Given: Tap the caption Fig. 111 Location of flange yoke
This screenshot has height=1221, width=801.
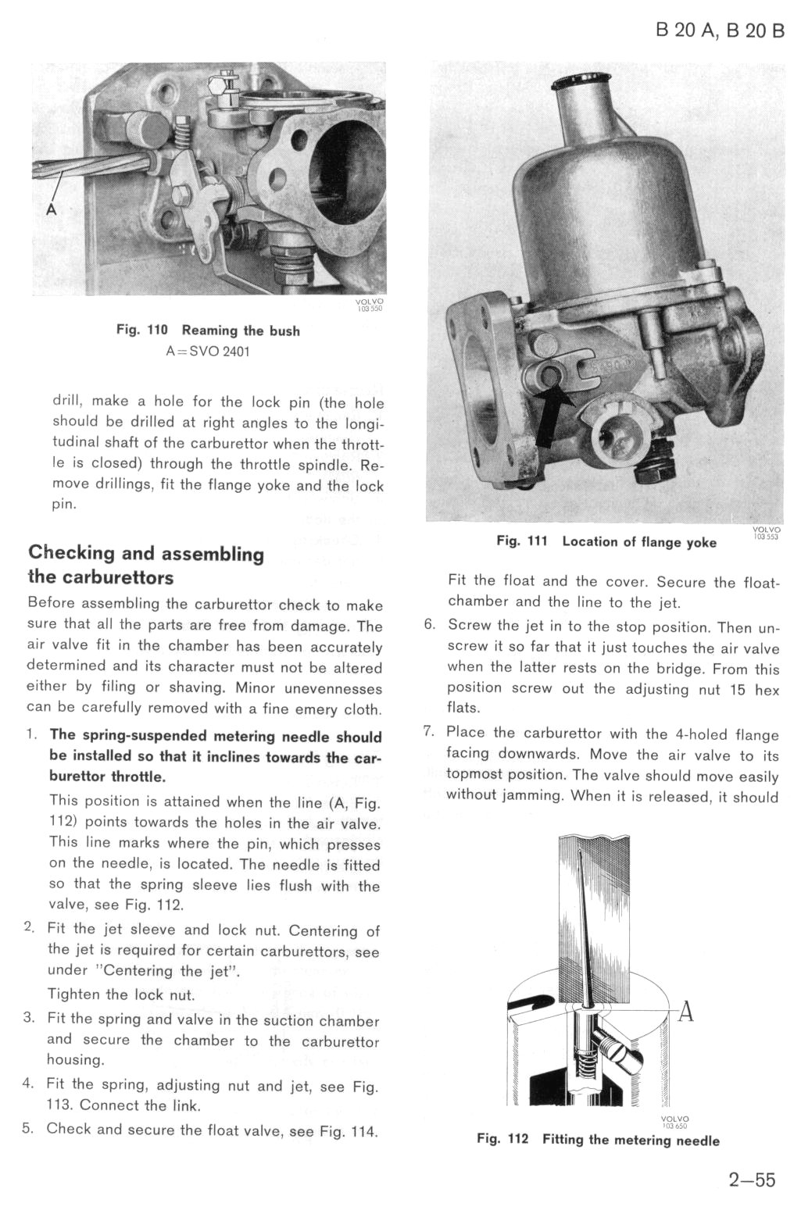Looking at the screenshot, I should [606, 542].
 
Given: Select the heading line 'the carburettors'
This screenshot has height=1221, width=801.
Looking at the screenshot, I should [101, 578].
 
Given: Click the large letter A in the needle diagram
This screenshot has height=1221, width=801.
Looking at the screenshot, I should [685, 1012].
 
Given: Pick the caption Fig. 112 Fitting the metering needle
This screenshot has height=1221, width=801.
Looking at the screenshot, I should [598, 1140].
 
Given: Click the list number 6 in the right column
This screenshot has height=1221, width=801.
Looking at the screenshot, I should [428, 626].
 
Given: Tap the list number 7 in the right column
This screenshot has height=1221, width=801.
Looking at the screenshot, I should [428, 733].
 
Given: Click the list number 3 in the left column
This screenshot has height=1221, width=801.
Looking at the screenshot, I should [30, 1018].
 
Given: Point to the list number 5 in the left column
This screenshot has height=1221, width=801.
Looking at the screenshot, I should [30, 1128].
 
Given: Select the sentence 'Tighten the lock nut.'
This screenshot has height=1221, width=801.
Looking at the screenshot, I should [120, 994].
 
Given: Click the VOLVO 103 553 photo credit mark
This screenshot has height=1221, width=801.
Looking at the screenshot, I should [765, 534].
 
